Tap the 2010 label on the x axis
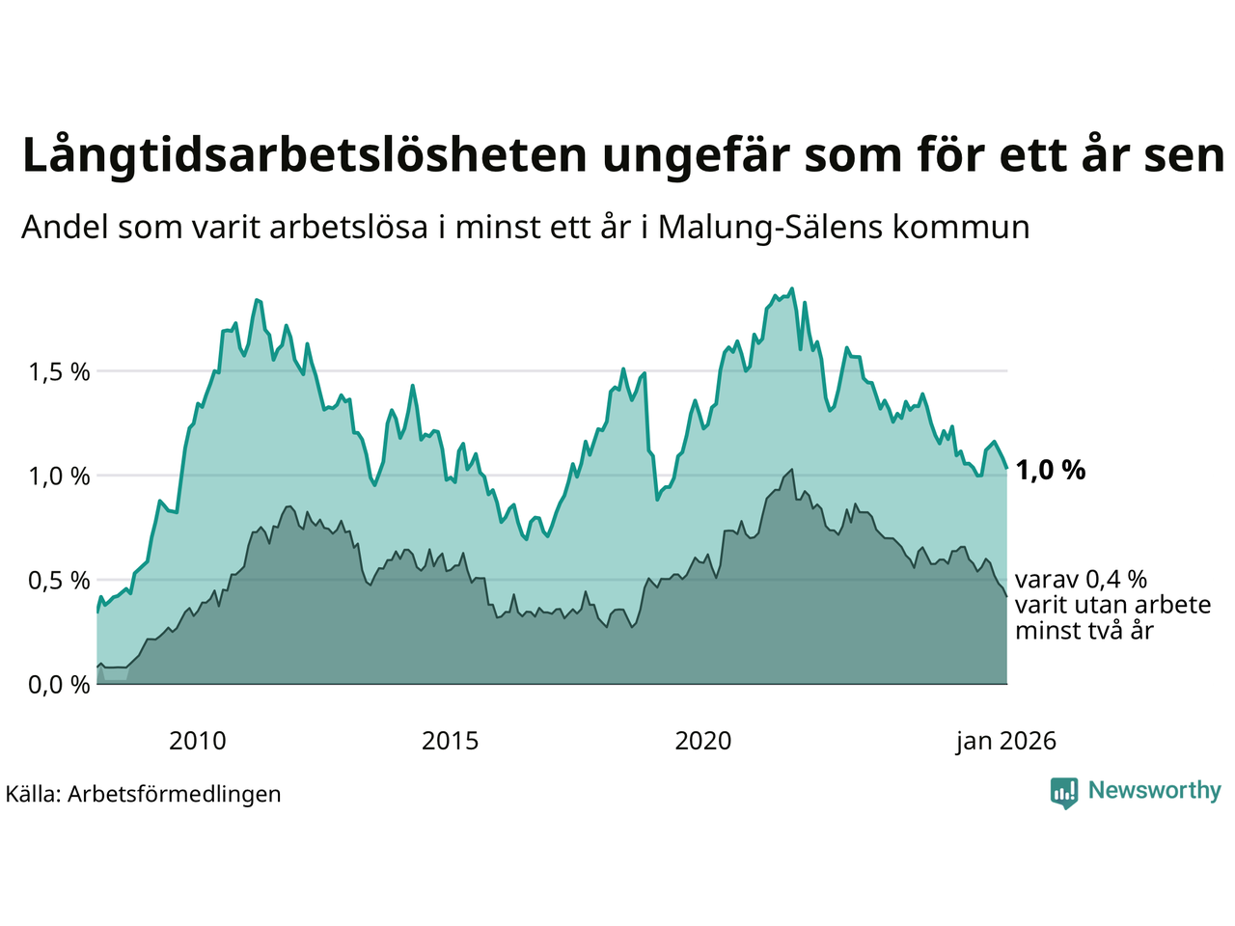pos(197,741)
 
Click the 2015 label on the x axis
pos(450,741)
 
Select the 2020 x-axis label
pos(702,741)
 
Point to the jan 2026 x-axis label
pos(1005,741)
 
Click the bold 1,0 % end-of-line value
pos(1050,471)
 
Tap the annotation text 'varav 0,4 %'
pos(1081,580)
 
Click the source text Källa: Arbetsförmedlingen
pos(144,794)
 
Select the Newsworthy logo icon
pos(1064,793)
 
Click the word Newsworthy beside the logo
pos(1154,791)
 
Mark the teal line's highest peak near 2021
pos(792,288)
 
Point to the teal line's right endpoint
pos(1006,468)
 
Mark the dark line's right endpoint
pos(1006,596)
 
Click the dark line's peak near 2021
pos(792,470)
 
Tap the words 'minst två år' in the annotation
pos(1084,632)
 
